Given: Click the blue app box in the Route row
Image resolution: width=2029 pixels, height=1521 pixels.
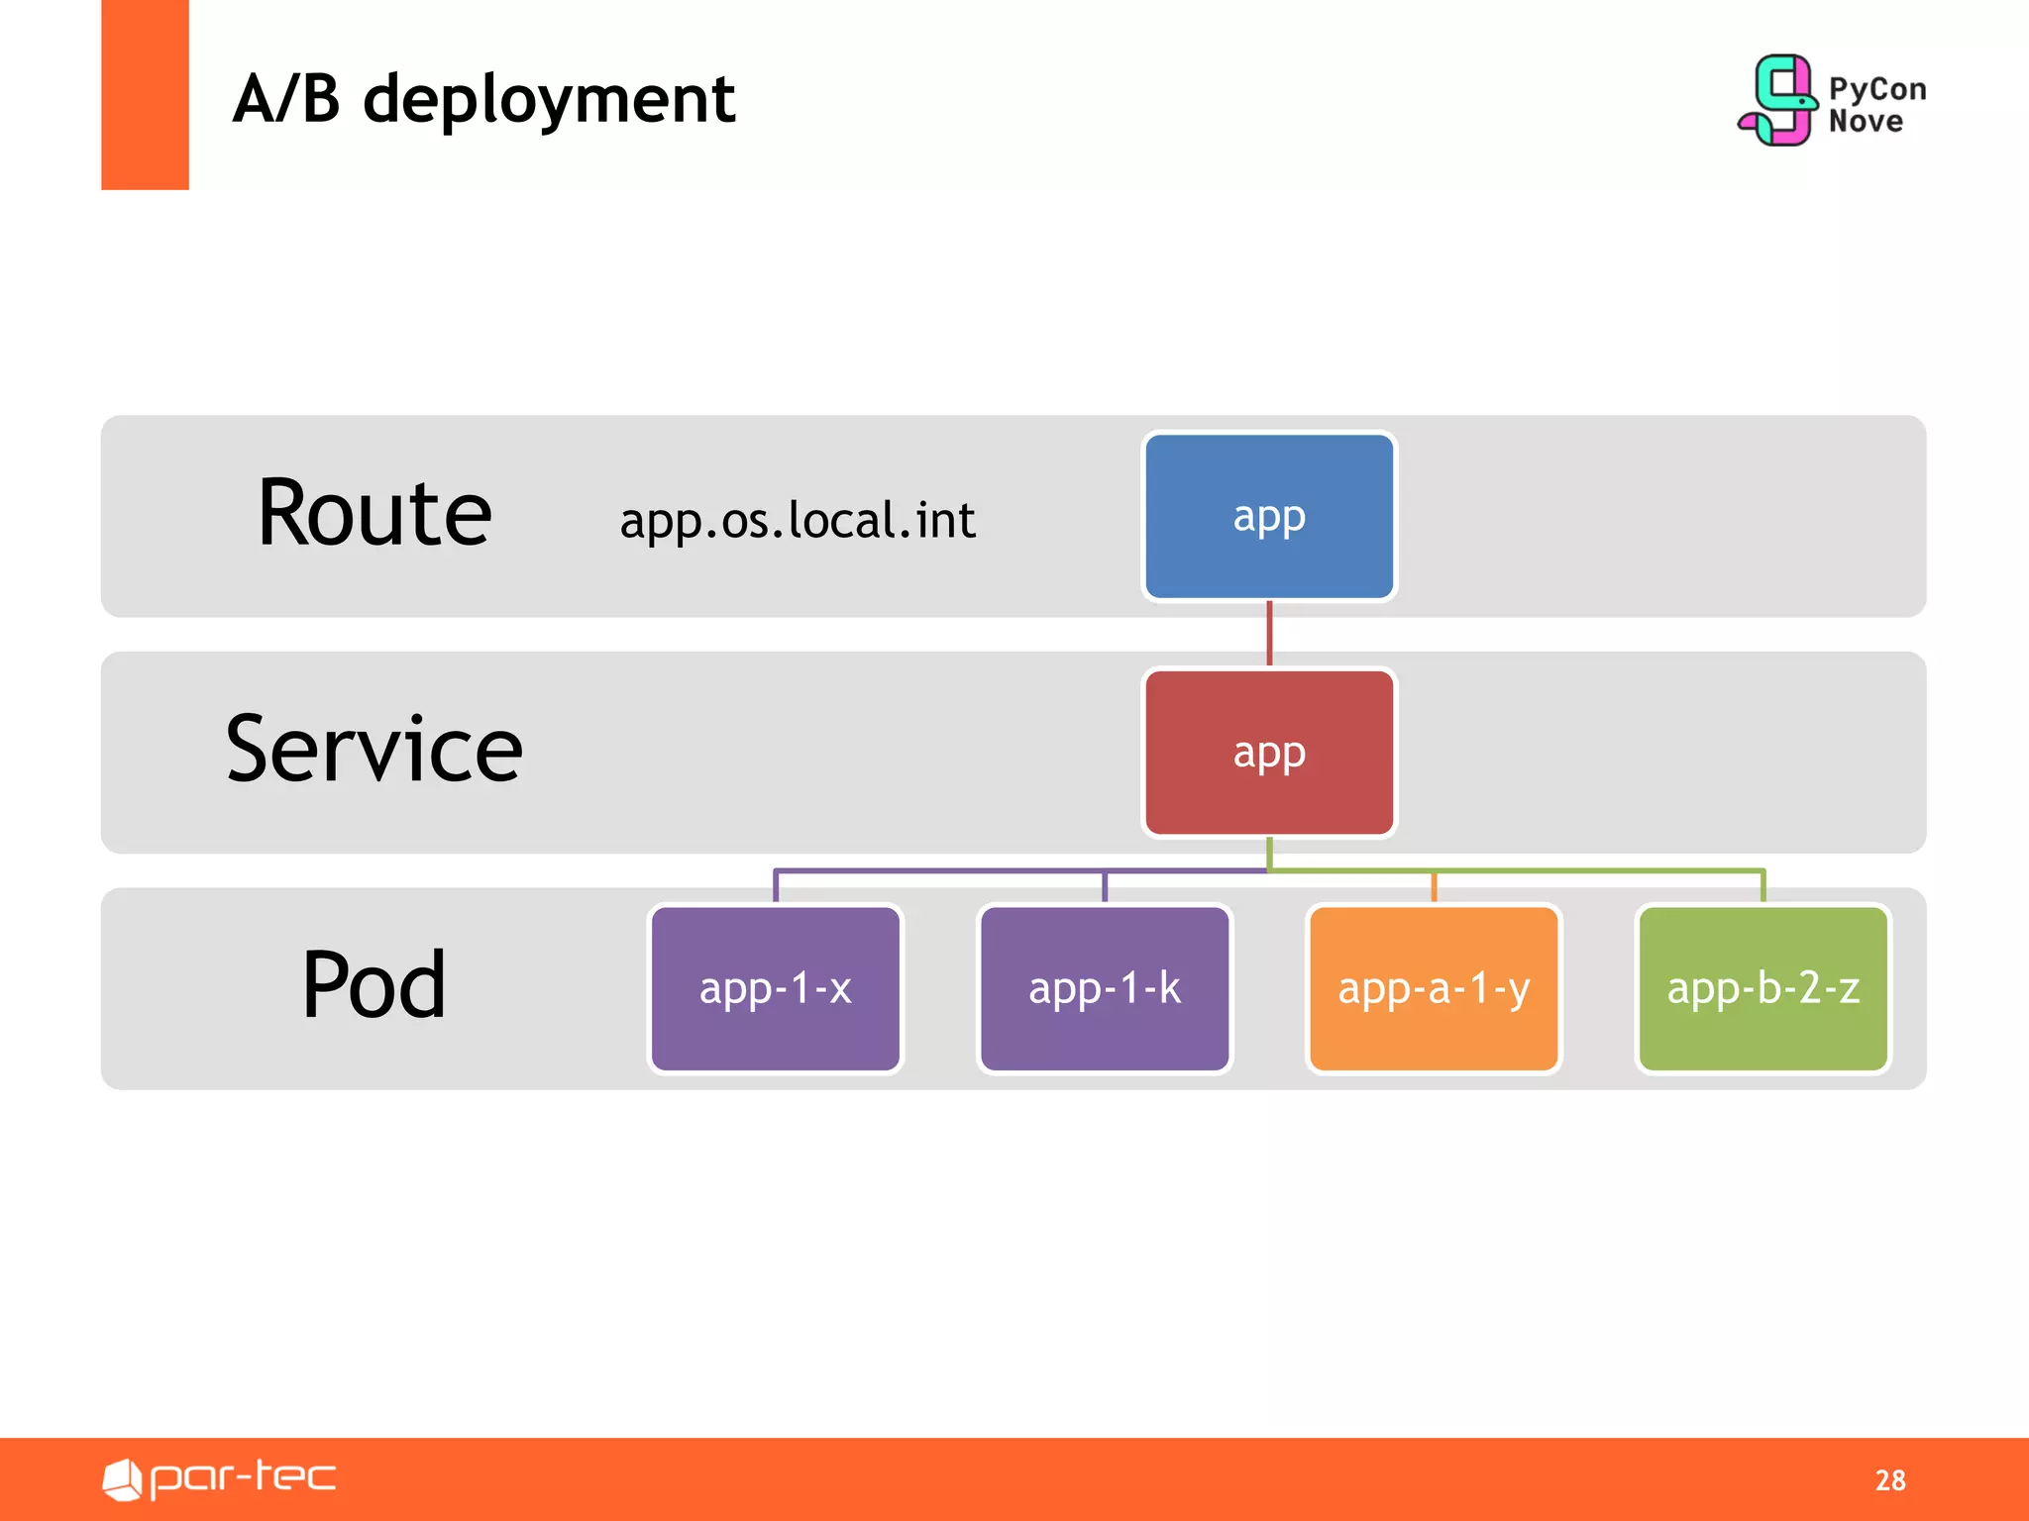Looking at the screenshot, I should point(1268,516).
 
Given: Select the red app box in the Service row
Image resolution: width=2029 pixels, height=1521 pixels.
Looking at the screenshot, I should point(1268,753).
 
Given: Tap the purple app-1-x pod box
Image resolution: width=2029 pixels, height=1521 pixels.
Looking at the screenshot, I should point(775,988).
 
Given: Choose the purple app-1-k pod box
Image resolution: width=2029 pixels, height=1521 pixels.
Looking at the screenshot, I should point(1104,988).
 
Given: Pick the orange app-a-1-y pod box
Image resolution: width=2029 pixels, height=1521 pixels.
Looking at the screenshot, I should point(1434,988).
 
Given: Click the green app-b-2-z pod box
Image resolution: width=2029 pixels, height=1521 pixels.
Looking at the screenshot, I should point(1762,988).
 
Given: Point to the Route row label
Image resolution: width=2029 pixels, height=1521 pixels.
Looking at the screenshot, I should point(374,514).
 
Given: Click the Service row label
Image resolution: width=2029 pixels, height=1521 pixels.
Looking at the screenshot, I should point(374,750).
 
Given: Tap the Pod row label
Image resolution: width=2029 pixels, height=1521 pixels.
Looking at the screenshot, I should point(374,985).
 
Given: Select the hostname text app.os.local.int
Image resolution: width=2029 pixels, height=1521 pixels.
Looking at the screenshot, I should point(798,521).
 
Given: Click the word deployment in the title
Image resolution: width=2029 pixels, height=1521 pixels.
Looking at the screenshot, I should point(549,101).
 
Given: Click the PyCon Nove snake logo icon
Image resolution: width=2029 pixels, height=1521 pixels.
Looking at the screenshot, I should point(1779,100).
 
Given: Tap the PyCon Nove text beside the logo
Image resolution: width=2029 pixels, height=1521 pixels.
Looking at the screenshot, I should point(1876,105).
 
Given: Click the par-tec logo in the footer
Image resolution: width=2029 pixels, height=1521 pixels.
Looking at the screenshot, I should point(220,1478).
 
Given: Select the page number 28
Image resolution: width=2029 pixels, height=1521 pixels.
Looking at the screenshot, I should point(1889,1479).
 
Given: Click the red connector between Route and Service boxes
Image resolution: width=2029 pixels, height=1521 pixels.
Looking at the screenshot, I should point(1269,634).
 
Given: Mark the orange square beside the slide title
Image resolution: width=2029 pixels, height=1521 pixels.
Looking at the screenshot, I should point(145,95).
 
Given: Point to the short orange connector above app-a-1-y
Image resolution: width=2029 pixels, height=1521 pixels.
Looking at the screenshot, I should point(1434,887).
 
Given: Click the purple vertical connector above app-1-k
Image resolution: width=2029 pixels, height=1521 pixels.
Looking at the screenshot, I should point(1105,887).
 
